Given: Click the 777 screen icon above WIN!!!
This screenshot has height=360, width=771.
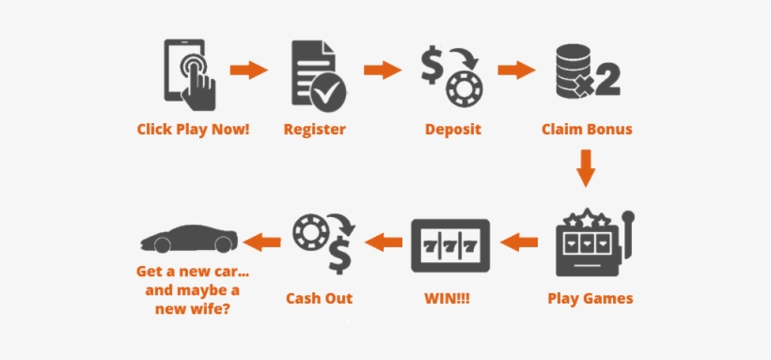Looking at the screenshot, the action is pos(449,245).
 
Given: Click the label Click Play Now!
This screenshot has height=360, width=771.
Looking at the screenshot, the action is pos(194,130).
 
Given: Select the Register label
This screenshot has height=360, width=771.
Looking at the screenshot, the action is pos(315,130).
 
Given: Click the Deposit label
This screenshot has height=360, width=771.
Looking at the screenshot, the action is pos(452,130).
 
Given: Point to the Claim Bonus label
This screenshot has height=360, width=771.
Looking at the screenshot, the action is pos(587,130).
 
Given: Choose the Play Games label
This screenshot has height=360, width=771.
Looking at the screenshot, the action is pos(590,299).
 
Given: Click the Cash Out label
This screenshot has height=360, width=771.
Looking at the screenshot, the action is pos(320,299).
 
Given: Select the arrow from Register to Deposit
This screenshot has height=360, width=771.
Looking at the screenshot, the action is pos(383,70).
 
